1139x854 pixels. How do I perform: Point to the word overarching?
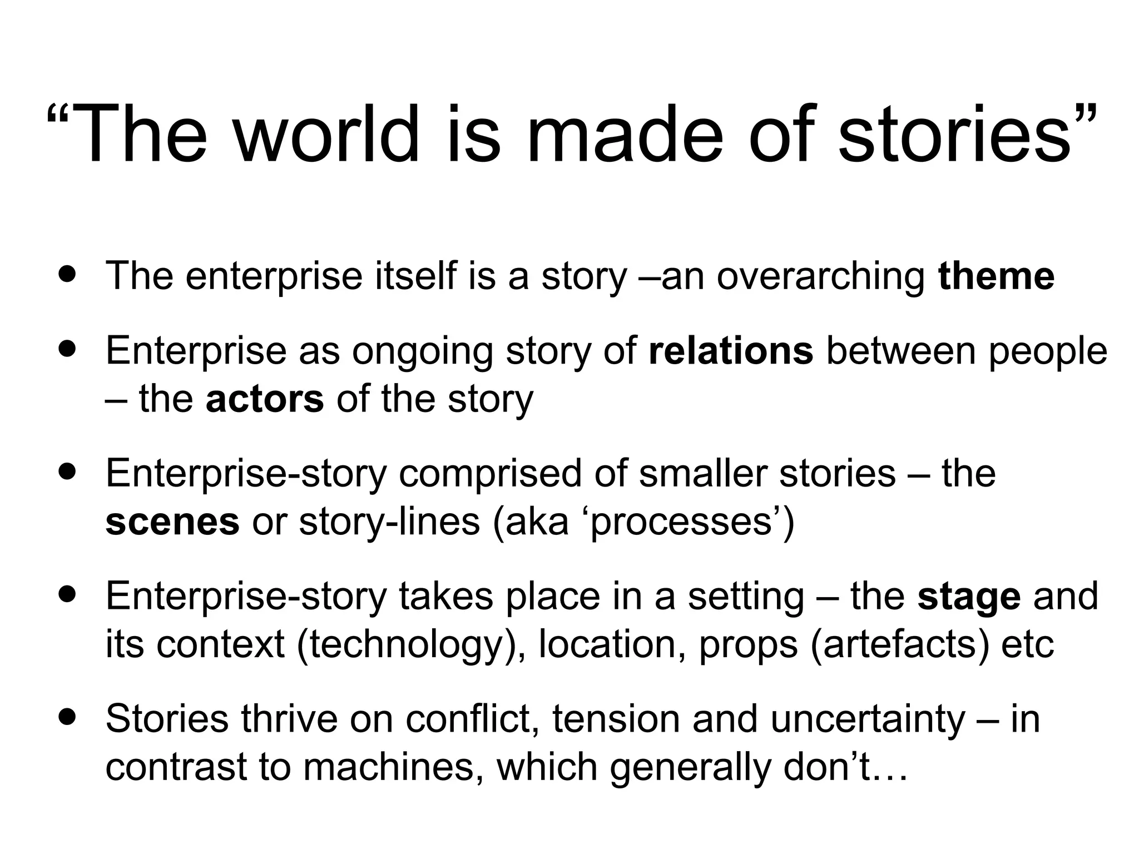(820, 277)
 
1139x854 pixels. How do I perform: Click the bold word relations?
(730, 351)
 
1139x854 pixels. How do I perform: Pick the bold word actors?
(264, 399)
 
